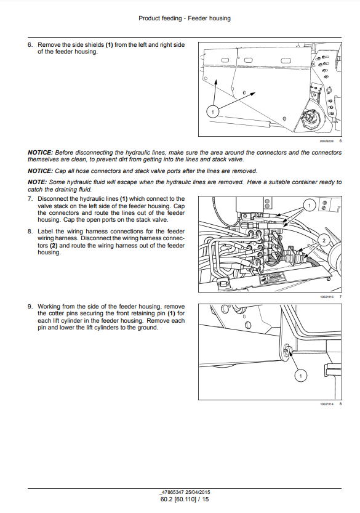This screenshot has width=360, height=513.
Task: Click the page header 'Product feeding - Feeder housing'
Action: click(x=185, y=18)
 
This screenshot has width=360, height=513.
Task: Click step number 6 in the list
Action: click(x=30, y=45)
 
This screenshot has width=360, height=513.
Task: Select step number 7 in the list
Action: click(x=30, y=199)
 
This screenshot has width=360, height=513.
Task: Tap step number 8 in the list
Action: click(x=30, y=232)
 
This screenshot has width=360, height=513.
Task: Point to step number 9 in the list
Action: click(x=30, y=307)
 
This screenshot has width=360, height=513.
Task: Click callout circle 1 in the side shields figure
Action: click(x=212, y=112)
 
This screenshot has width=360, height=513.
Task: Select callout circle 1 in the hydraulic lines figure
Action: click(x=310, y=206)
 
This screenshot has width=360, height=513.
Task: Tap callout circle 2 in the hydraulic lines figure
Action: click(x=324, y=241)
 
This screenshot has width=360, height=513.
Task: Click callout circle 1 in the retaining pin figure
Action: click(x=300, y=376)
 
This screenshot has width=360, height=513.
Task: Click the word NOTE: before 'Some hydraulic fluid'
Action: click(x=38, y=182)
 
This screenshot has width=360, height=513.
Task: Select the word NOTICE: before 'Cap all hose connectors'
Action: click(x=40, y=171)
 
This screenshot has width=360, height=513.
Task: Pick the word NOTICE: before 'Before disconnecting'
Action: click(x=40, y=153)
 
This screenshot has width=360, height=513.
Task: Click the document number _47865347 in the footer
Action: click(x=172, y=492)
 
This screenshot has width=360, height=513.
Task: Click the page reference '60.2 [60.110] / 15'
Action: click(x=185, y=499)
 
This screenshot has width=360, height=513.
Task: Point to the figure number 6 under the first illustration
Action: click(x=340, y=141)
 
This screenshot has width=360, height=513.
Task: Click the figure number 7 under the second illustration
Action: click(x=340, y=297)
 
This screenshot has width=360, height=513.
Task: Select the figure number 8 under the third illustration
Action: click(x=340, y=404)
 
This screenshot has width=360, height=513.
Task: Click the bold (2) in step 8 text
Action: click(x=54, y=246)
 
